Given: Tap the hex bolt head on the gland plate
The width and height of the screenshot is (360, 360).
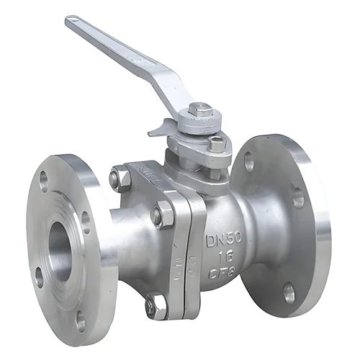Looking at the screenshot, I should point(216,144).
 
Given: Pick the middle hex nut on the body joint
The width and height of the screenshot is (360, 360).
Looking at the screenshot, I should point(163,214).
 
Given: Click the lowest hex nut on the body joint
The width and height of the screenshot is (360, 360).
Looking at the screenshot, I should point(156,305).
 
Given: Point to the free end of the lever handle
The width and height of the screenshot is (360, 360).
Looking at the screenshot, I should point(74,23).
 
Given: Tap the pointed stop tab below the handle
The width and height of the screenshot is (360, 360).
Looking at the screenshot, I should point(157,132).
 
